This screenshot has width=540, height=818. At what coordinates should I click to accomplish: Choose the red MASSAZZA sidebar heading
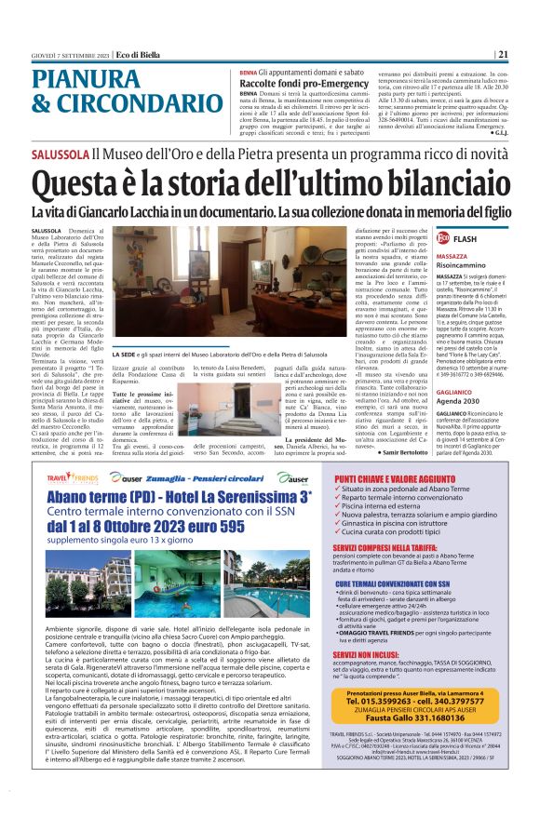click(x=452, y=256)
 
